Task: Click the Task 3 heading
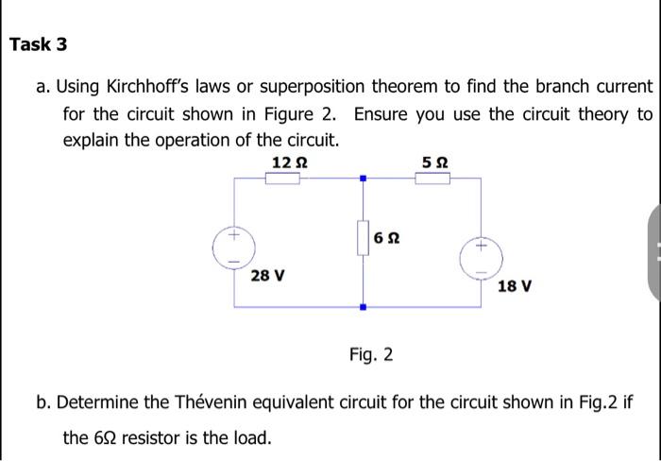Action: click(39, 44)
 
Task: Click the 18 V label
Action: click(514, 285)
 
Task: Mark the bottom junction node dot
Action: click(362, 306)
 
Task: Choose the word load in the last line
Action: click(251, 437)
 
